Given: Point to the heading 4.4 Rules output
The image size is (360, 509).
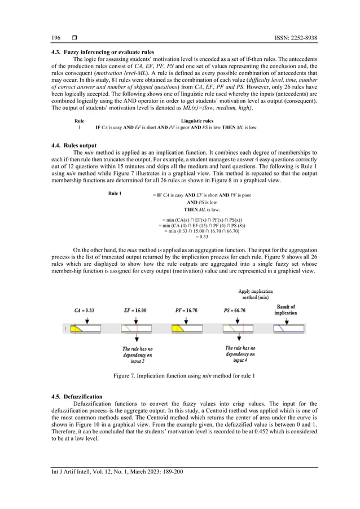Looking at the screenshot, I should point(66,147).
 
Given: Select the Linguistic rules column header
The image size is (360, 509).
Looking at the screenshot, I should point(197,121).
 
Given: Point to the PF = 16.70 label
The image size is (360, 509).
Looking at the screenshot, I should point(186,310).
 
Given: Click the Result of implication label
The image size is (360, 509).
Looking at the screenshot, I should point(289,309).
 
